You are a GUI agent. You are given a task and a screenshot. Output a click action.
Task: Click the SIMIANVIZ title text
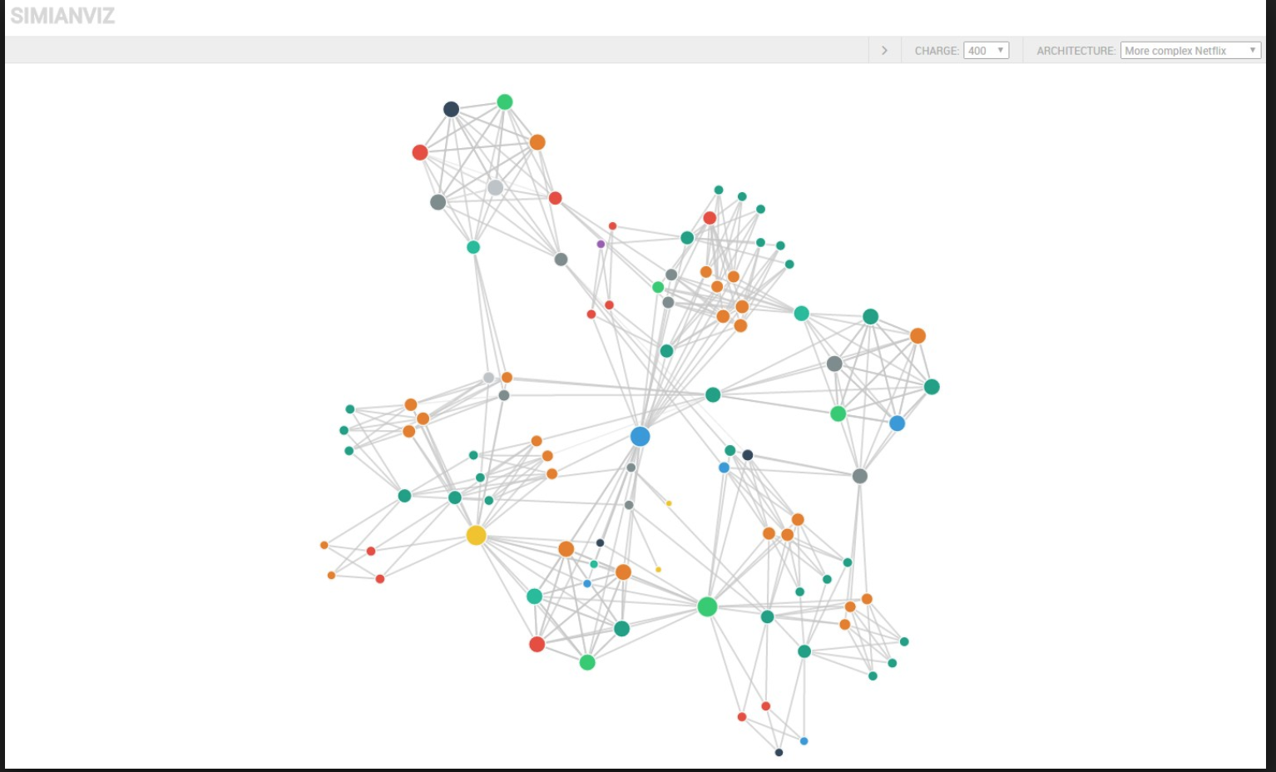click(62, 16)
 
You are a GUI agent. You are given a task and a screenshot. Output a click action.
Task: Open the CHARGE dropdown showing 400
click(986, 51)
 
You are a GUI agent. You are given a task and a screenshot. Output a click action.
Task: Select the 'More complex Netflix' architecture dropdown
click(1189, 51)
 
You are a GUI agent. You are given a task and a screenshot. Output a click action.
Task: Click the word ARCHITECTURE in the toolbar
click(1076, 51)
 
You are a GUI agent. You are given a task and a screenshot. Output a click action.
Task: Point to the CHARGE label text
click(937, 51)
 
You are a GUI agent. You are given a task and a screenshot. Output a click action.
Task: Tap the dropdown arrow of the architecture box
click(1253, 51)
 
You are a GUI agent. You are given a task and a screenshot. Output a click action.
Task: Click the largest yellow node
click(476, 535)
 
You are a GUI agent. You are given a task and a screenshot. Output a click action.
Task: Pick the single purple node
click(601, 244)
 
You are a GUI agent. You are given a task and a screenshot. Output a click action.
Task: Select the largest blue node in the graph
click(640, 437)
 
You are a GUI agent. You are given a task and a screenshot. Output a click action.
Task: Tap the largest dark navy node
click(451, 109)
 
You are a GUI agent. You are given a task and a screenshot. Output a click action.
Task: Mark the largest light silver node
click(495, 187)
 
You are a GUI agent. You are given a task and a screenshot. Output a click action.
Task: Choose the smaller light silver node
click(488, 378)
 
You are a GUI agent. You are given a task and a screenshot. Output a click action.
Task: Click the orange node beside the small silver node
click(507, 377)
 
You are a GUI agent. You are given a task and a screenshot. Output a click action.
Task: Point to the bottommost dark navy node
click(779, 752)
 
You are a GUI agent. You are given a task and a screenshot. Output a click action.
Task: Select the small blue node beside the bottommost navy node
click(804, 740)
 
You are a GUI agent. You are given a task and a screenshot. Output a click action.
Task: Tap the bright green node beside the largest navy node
click(505, 102)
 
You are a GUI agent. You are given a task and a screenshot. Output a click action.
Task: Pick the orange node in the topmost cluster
click(537, 142)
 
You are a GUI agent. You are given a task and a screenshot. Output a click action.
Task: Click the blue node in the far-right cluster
click(897, 423)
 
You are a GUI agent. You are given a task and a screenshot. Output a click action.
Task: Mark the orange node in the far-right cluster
click(917, 336)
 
